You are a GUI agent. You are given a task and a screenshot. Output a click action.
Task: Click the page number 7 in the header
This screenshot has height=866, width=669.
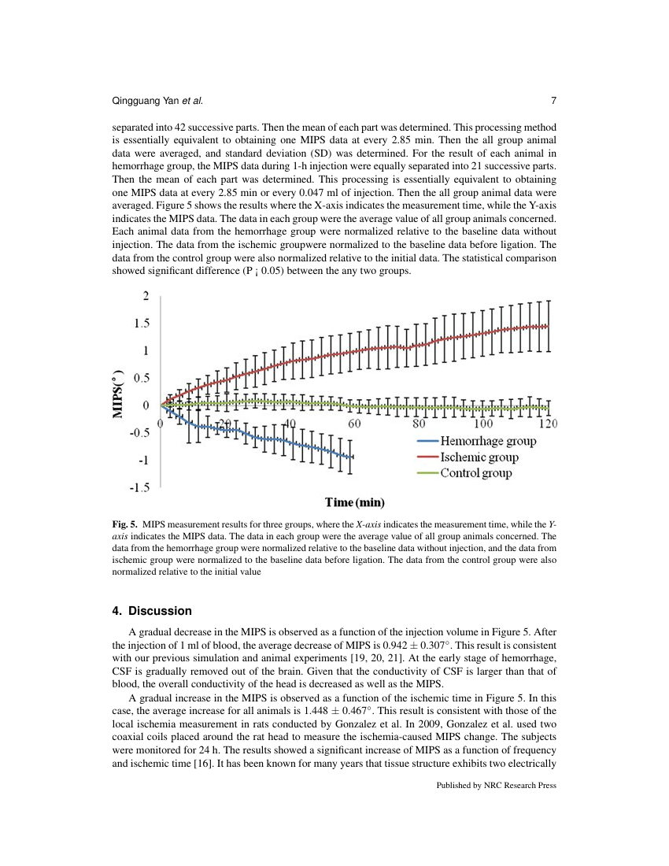point(553,101)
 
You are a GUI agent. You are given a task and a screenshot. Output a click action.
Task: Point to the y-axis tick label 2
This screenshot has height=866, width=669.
point(144,296)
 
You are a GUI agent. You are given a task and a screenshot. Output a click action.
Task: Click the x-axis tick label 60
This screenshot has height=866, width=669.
point(354,424)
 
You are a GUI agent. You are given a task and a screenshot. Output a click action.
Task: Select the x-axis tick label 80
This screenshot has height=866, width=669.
point(419,424)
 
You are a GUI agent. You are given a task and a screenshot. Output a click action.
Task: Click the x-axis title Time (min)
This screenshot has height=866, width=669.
point(355,502)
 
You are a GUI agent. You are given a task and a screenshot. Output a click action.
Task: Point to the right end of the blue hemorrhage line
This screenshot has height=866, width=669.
point(352,457)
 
